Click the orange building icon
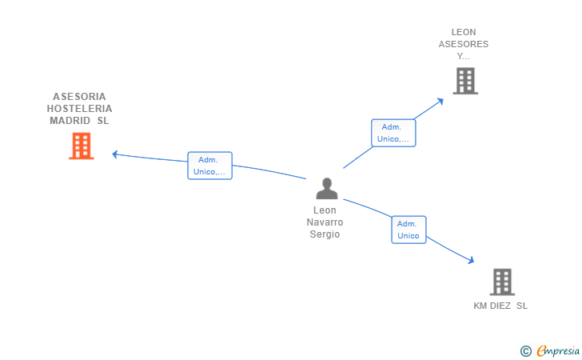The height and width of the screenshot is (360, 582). point(82,146)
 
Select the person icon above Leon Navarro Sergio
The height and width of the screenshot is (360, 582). point(327,188)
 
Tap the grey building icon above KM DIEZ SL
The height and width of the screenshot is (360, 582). point(502,282)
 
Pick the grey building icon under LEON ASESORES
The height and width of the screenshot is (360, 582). point(465,81)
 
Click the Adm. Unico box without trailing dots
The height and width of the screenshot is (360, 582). point(409,230)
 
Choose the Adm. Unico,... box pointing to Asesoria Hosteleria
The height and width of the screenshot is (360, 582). point(209,166)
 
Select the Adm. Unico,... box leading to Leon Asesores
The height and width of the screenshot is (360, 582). point(393,133)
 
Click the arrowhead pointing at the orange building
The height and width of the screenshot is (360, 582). point(115,154)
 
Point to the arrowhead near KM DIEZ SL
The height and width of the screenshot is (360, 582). point(471,260)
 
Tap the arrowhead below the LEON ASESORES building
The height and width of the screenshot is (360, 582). point(440,101)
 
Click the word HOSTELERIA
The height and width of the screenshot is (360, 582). point(79,109)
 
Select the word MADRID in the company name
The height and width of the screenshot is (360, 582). point(70,121)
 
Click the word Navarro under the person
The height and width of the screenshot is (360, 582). point(325,222)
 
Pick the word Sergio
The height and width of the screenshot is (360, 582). point(325,234)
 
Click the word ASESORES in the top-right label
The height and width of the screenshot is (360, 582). point(464,44)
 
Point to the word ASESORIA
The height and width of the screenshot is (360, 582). point(79,97)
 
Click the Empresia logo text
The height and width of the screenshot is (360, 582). point(558,350)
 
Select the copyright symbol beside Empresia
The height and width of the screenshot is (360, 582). point(526,351)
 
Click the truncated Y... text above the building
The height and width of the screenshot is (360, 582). point(463,57)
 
